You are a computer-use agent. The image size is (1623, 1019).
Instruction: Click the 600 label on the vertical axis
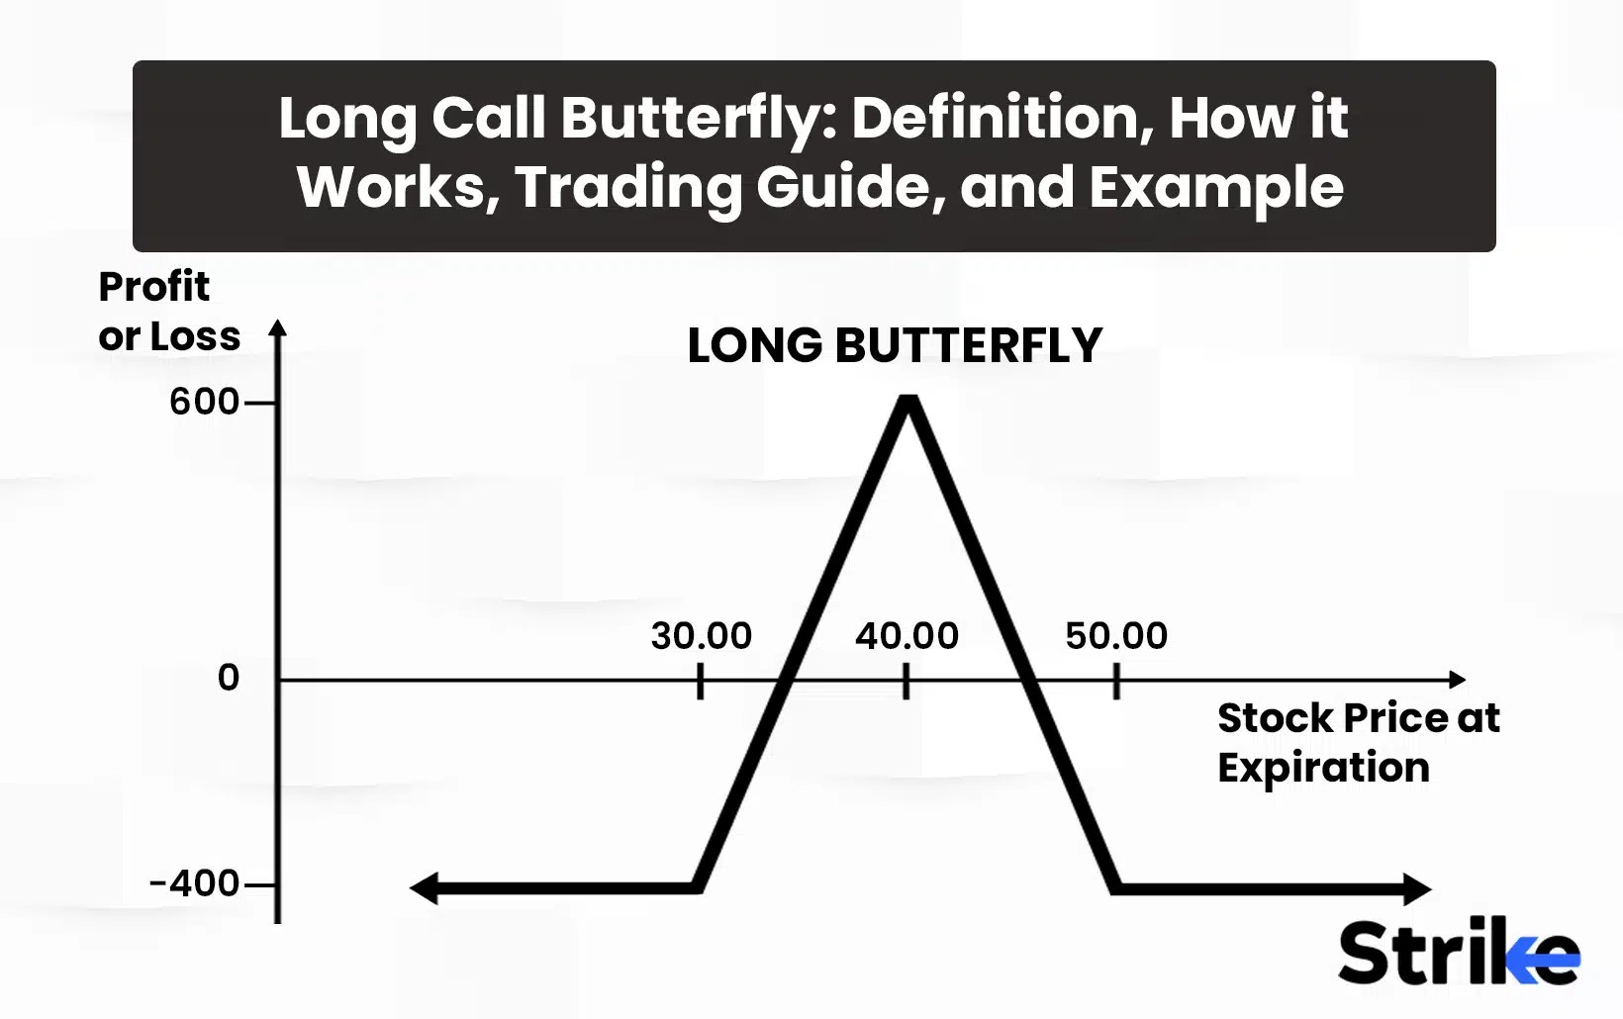tap(204, 402)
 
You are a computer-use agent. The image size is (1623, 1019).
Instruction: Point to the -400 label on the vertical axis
tap(194, 882)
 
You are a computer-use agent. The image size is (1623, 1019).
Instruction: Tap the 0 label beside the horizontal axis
tap(229, 678)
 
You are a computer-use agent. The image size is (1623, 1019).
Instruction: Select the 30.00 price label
tap(701, 635)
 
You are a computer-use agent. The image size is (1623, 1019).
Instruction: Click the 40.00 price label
tap(907, 635)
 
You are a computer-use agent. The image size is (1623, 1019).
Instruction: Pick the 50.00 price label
tap(1116, 635)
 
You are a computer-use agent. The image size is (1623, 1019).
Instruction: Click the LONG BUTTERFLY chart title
tap(894, 345)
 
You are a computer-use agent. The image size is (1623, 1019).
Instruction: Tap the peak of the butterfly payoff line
tap(908, 402)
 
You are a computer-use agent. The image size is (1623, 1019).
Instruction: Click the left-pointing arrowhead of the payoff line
tap(423, 888)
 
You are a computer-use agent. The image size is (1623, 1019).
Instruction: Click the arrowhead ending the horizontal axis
tap(1457, 680)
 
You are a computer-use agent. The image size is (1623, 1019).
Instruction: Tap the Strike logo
tap(1458, 952)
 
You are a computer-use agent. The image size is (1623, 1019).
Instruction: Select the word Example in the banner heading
tap(1216, 187)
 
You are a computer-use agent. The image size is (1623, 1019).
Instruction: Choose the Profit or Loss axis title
tap(168, 311)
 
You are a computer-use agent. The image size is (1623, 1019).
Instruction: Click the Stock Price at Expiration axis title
tap(1357, 742)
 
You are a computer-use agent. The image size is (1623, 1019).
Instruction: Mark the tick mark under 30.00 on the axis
tap(701, 681)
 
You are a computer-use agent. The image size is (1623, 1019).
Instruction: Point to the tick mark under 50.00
tap(1116, 681)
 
